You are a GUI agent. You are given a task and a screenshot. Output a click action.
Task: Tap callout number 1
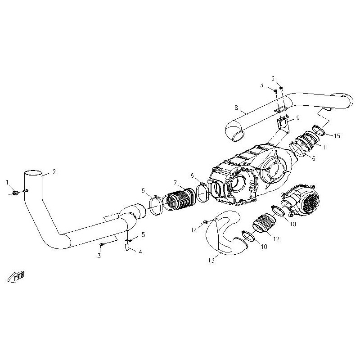click(x=7, y=182)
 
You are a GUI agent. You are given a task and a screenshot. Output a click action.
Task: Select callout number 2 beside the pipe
click(x=54, y=172)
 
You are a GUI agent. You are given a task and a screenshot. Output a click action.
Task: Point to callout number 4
click(x=140, y=252)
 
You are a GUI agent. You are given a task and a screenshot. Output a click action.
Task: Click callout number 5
click(x=144, y=234)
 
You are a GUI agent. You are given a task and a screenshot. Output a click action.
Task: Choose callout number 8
click(x=236, y=108)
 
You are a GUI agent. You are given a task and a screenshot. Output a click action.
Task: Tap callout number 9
click(x=298, y=118)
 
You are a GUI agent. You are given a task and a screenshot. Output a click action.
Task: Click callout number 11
click(x=325, y=147)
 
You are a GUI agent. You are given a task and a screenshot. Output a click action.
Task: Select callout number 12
click(x=276, y=239)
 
